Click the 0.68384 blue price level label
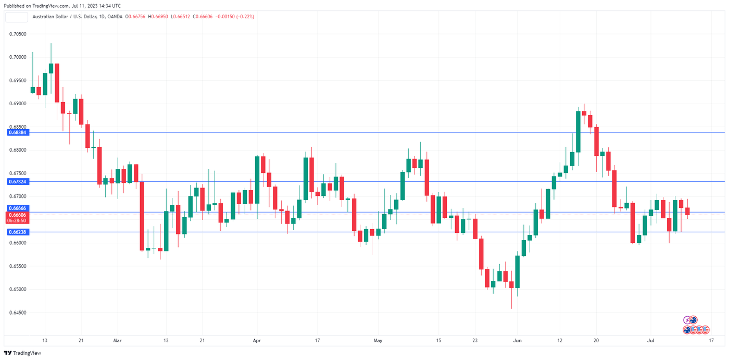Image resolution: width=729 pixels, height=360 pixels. pos(18,132)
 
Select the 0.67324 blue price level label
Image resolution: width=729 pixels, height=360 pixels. pos(18,182)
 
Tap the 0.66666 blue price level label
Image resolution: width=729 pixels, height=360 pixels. pos(18,208)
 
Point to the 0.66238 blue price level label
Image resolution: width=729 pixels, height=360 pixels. pos(18,232)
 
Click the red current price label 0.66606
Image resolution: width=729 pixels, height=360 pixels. pos(18,215)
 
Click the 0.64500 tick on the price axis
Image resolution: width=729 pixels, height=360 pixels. pos(18,313)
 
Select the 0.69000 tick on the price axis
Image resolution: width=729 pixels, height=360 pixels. pos(18,104)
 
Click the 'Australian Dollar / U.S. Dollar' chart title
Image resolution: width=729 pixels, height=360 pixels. pos(68,17)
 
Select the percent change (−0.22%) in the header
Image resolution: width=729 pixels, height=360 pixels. pos(245,17)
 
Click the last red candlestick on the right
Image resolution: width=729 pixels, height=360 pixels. pos(687,211)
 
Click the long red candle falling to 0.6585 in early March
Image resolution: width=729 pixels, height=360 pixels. pos(142,216)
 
